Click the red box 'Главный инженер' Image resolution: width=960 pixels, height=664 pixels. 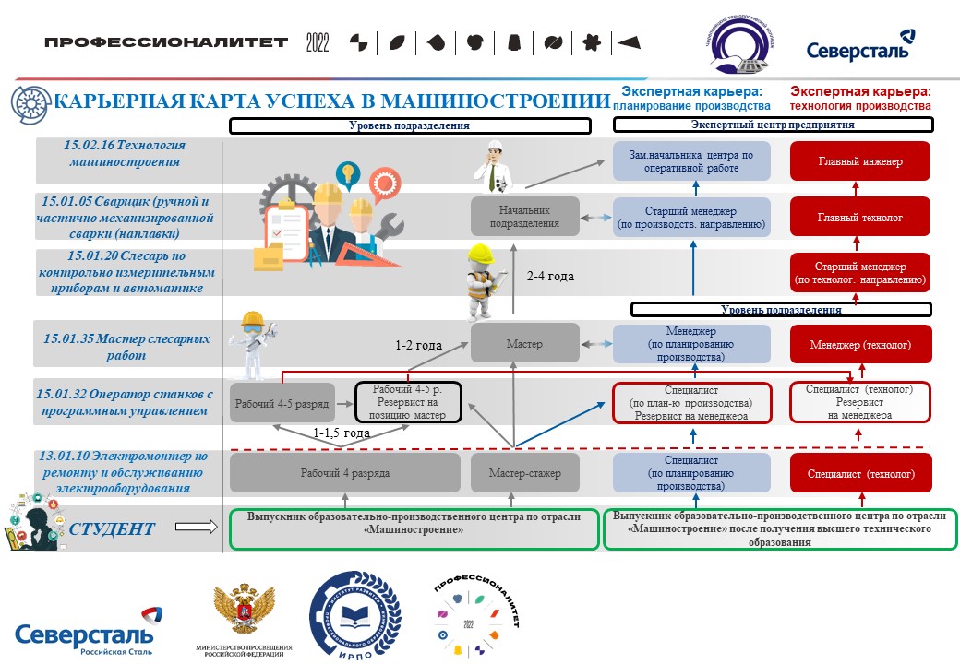pos(860,161)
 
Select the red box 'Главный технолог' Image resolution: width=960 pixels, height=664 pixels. pos(860,218)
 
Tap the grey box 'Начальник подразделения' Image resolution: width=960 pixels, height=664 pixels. pos(524,216)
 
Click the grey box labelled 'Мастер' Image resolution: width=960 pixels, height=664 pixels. pos(524,344)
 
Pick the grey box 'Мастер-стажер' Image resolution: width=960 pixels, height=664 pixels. pos(524,474)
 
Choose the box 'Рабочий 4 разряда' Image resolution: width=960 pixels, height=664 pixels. pos(344,474)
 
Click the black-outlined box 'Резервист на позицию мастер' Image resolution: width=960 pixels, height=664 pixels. pos(409,402)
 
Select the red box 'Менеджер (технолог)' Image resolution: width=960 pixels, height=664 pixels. pos(860,345)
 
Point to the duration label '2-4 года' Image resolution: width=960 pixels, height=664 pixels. pos(550,276)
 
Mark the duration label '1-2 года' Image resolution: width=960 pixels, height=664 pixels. pos(418,346)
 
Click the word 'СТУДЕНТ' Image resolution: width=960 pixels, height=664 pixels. pos(114,528)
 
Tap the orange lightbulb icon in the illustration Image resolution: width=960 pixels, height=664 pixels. pos(347,172)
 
